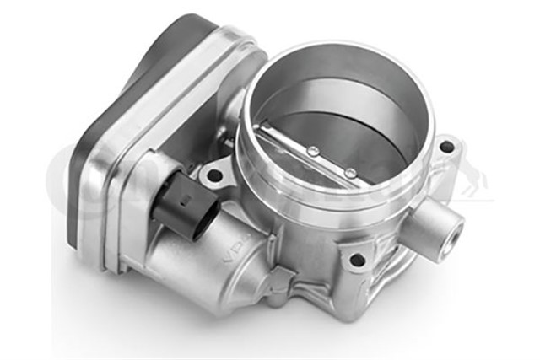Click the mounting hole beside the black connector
214,176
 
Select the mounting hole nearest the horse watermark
446,148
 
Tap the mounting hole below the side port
358,261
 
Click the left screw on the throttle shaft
313,152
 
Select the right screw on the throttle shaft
349,172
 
